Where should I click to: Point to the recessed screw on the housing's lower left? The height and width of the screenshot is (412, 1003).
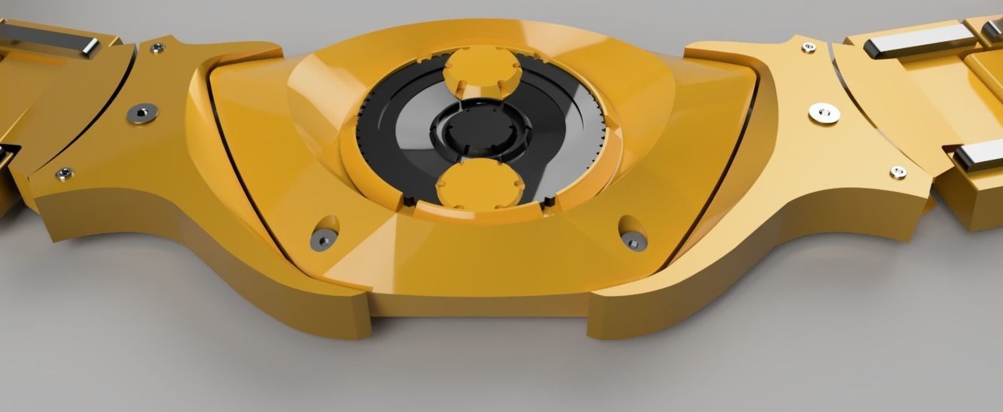pos(323,239)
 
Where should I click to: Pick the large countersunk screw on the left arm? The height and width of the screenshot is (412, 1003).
pos(142,112)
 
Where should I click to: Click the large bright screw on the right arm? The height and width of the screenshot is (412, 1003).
pos(823,113)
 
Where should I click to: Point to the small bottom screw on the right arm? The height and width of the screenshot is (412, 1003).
pos(898,172)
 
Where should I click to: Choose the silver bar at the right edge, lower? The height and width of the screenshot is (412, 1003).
pos(979,157)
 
